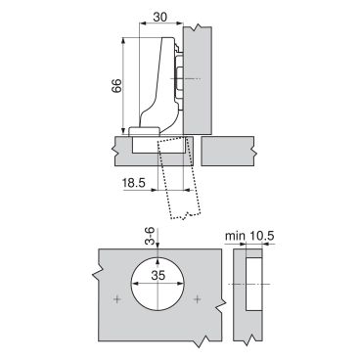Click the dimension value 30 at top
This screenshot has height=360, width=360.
tap(160, 17)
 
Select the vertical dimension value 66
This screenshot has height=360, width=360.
tap(116, 86)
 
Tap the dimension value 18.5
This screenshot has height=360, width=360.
tap(133, 183)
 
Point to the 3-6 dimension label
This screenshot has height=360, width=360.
tap(150, 237)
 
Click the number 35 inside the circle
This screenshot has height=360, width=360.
tap(158, 276)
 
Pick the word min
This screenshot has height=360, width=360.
tap(235, 236)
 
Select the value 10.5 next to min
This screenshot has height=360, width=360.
tap(262, 236)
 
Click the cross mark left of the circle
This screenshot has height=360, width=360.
tap(116, 298)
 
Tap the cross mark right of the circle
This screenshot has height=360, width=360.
tap(198, 298)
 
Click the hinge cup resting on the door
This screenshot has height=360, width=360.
tap(144, 131)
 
